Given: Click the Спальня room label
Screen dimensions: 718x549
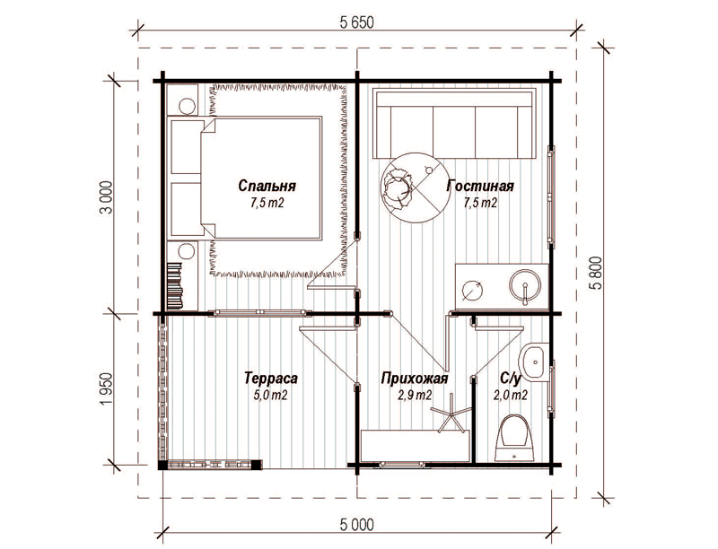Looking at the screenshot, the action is tap(267, 186).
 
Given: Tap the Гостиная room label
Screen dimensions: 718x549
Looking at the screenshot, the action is tap(480, 186).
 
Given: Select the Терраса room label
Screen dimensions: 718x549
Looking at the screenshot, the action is tap(271, 379).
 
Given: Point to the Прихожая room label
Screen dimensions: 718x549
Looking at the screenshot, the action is tap(415, 379).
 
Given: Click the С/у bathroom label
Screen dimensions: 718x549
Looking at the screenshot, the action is tap(511, 379).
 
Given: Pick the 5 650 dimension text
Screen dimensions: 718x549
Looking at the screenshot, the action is tap(357, 22).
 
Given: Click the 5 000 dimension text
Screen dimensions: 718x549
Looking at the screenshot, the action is tap(357, 525).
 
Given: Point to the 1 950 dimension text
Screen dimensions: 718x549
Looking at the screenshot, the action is tap(106, 389).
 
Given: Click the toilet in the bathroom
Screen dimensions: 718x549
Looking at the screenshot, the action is tap(514, 439).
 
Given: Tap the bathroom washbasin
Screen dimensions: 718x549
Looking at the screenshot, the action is tap(534, 362).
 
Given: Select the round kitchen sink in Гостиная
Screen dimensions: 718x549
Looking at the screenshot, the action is tap(525, 287).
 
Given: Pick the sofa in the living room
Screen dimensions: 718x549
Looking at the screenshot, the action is tap(454, 124).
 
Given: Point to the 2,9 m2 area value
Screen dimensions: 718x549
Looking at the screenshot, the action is tap(415, 396).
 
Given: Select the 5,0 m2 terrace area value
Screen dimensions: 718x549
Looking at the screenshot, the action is tap(271, 395).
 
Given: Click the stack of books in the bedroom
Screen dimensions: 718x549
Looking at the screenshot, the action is tap(175, 284).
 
